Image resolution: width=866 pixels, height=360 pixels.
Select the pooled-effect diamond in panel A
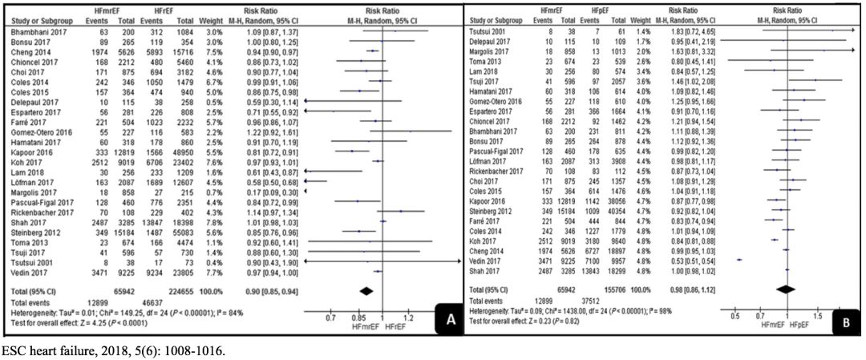[368, 289]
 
